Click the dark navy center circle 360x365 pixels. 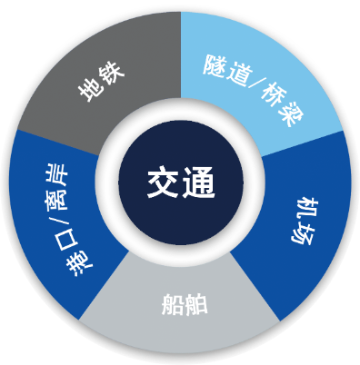(x=181, y=182)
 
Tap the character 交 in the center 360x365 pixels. (x=164, y=182)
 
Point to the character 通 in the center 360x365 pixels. (x=198, y=182)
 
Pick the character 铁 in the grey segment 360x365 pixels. (x=112, y=74)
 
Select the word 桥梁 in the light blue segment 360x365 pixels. (x=281, y=104)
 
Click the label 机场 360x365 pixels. (x=303, y=221)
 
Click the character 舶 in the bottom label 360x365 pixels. (x=196, y=304)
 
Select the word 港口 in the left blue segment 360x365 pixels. (x=75, y=252)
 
